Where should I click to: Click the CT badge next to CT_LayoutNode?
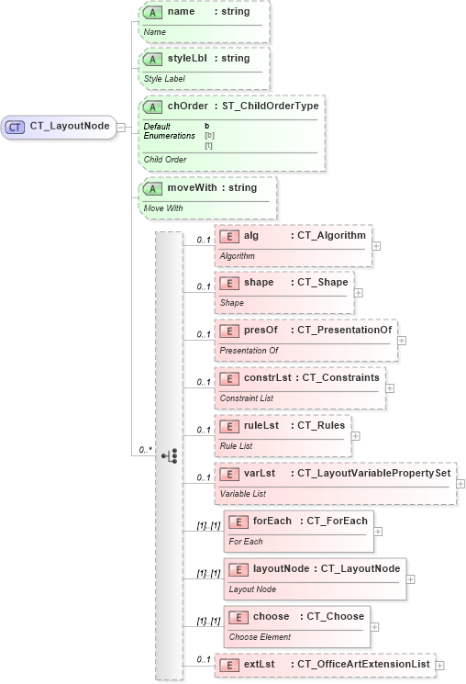click(x=16, y=127)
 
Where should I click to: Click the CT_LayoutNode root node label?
click(x=70, y=127)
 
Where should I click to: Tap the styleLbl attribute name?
click(x=187, y=59)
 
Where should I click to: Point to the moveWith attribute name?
click(x=193, y=188)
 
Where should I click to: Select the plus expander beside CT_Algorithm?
click(x=376, y=245)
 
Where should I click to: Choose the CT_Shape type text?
click(x=322, y=282)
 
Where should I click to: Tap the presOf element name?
click(x=259, y=330)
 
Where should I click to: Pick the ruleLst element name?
click(x=261, y=425)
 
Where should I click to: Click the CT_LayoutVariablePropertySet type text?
click(x=373, y=473)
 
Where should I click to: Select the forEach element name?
click(x=272, y=521)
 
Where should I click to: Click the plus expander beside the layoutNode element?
click(x=411, y=578)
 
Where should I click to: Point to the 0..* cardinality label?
click(x=145, y=450)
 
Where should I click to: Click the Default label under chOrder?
click(x=157, y=126)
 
